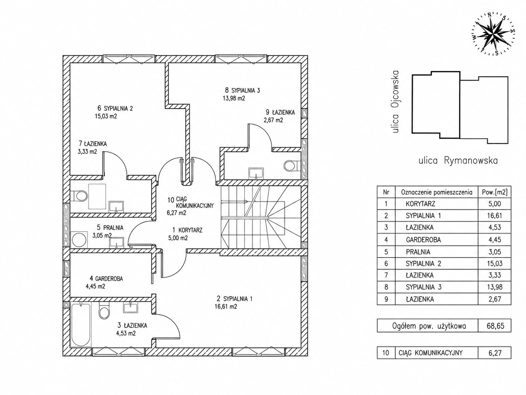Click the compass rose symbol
tap(489, 37)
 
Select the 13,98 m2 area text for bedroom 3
tap(234, 98)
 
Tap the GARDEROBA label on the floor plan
tap(109, 279)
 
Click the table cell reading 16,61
tap(494, 216)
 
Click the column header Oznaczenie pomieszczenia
tap(437, 192)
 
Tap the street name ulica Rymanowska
tap(458, 160)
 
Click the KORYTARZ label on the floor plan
tap(190, 230)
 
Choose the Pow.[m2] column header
tap(494, 192)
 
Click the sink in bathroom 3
tap(130, 307)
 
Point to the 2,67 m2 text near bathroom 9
tap(273, 120)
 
